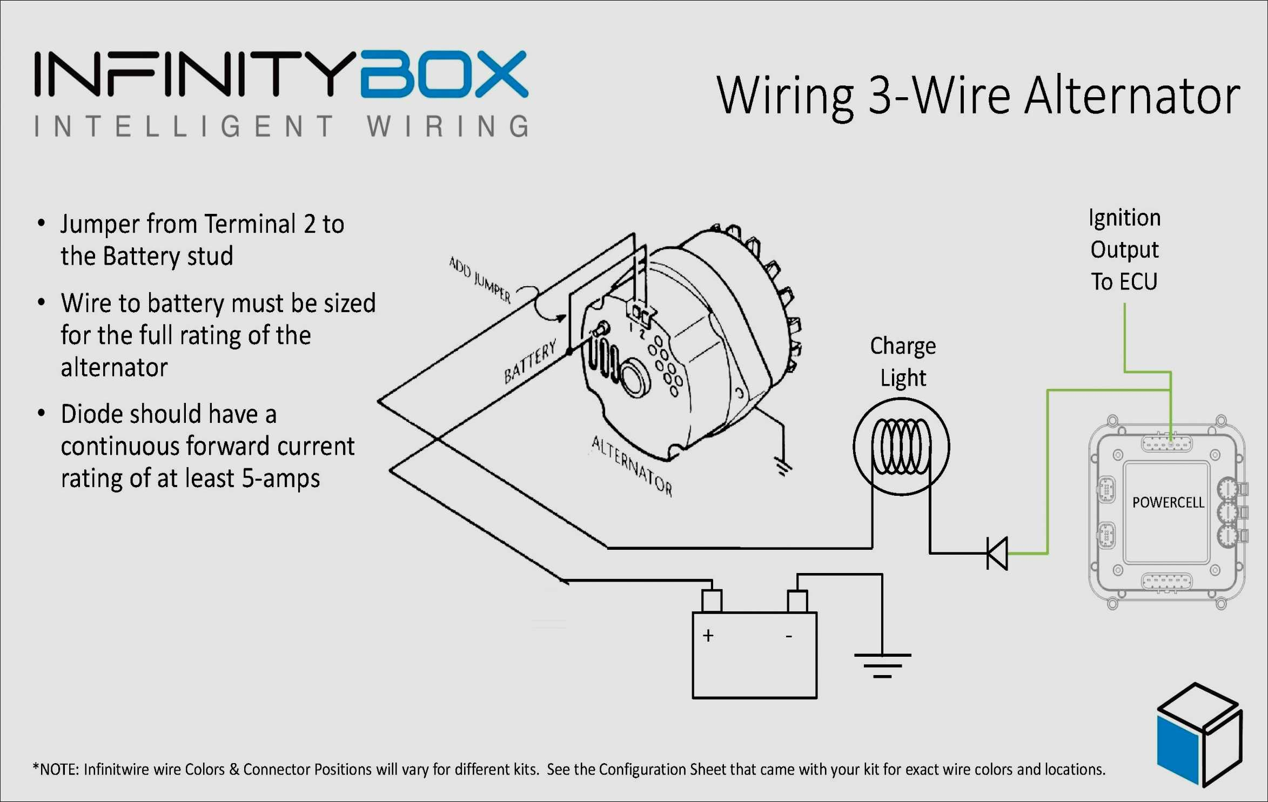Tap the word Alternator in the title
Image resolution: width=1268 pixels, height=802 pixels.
pyautogui.click(x=1132, y=96)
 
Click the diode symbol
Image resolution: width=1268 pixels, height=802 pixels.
pyautogui.click(x=997, y=553)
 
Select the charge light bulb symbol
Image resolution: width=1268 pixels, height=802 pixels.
pyautogui.click(x=901, y=447)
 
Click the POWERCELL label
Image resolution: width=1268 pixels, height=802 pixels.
pyautogui.click(x=1168, y=503)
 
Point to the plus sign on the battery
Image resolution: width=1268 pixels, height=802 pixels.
pyautogui.click(x=708, y=635)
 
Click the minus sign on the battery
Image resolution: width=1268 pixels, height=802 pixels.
pyautogui.click(x=789, y=637)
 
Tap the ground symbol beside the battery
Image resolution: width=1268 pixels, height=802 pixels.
pyautogui.click(x=882, y=665)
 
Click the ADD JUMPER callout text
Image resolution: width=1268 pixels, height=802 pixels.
pyautogui.click(x=480, y=279)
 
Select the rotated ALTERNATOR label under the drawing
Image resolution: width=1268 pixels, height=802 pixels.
pyautogui.click(x=632, y=466)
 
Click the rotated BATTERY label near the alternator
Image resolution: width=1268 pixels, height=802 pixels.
pyautogui.click(x=530, y=361)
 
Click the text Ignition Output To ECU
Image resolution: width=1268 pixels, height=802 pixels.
pyautogui.click(x=1124, y=250)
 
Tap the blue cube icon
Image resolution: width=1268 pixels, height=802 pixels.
pyautogui.click(x=1199, y=734)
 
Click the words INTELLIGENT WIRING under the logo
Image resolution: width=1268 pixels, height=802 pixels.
pyautogui.click(x=281, y=126)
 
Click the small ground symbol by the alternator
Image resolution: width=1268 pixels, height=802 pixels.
pyautogui.click(x=782, y=467)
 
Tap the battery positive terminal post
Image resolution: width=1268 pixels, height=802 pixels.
pyautogui.click(x=712, y=601)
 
